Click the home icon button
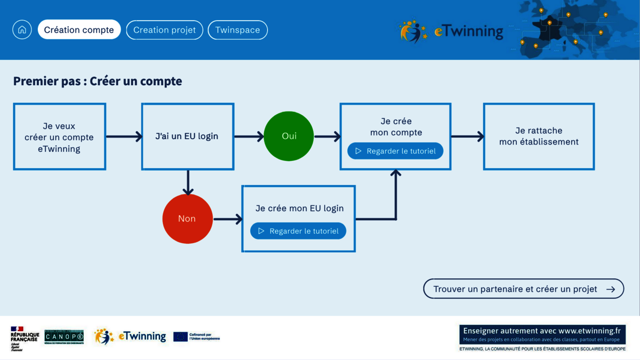22,30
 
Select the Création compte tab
79,30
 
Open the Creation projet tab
164,30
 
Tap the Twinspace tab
237,30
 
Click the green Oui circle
289,136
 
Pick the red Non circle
187,219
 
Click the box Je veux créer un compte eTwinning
59,137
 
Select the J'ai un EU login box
187,136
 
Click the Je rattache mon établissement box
539,137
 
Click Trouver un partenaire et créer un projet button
523,289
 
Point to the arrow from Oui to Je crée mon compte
327,137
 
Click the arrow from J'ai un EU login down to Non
187,182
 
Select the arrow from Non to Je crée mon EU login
228,219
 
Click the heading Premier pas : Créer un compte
98,81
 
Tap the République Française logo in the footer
25,338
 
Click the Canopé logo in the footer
64,337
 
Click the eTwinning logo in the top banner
451,31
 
